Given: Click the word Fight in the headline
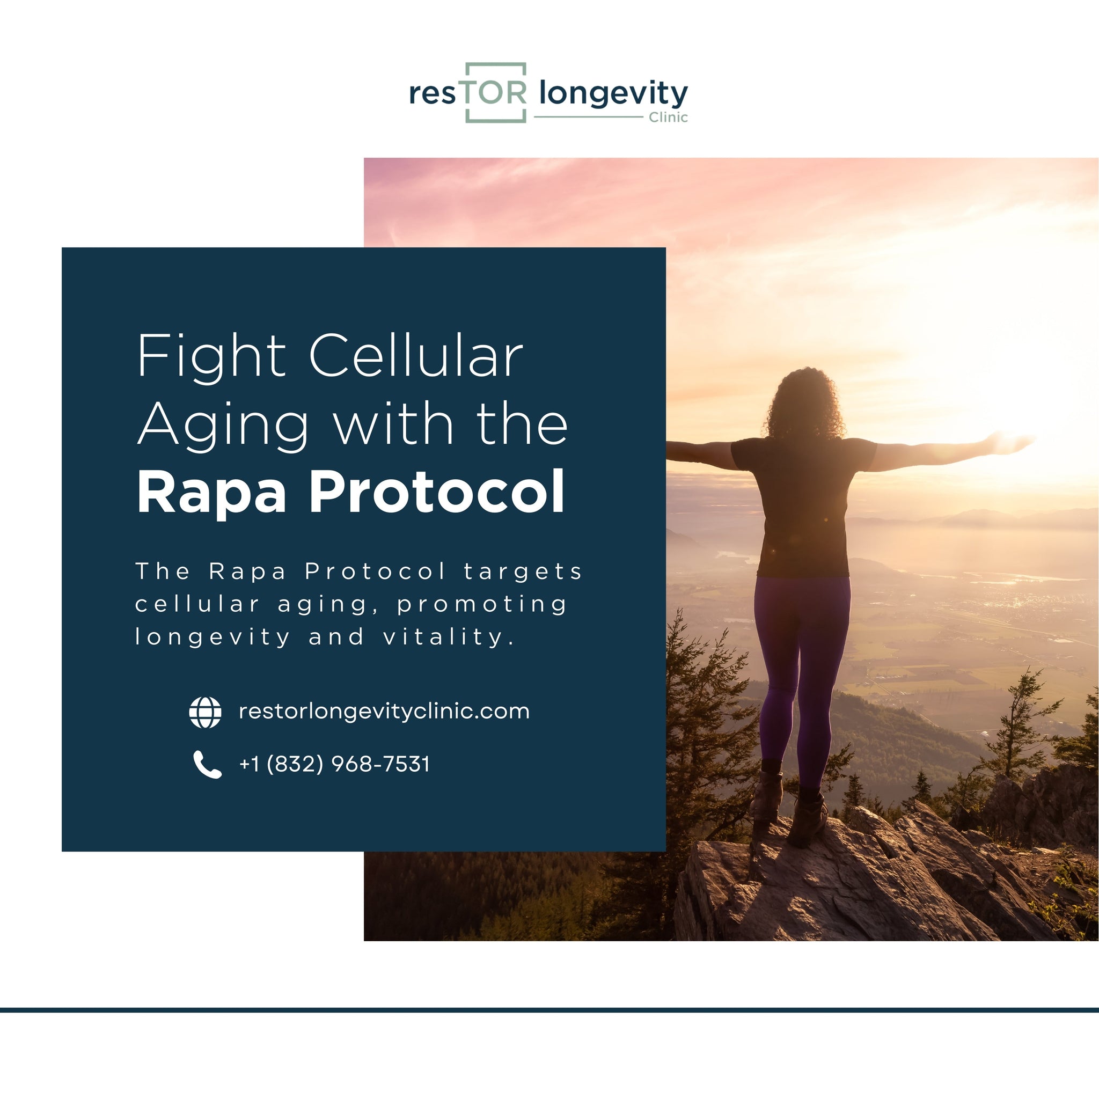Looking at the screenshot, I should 211,357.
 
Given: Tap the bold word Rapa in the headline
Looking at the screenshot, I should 211,492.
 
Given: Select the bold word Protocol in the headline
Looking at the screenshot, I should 436,492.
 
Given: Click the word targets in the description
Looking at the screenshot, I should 523,571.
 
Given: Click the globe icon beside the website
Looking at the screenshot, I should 205,712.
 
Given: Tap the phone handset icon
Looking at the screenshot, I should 207,764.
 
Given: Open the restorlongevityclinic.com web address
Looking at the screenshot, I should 384,712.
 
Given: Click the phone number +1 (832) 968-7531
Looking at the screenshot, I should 334,764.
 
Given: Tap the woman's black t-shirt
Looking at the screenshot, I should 803,501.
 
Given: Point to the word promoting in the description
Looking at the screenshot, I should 482,604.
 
